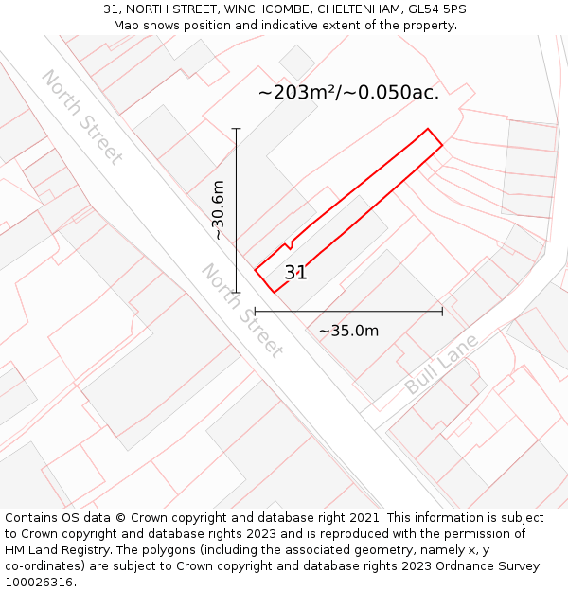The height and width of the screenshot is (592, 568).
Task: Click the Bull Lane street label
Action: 441,365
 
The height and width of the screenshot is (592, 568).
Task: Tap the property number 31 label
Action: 295,273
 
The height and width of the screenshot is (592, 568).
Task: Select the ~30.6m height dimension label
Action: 219,209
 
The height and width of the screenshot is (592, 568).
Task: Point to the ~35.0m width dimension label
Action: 348,331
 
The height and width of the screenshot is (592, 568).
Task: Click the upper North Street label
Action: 81,117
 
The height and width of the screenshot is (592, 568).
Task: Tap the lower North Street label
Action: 241,311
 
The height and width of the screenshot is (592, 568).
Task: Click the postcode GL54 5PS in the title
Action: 436,9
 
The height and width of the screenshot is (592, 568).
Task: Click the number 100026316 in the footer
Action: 38,582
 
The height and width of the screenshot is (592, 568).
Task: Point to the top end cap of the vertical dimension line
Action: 236,129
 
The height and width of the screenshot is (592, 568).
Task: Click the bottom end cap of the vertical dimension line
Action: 236,293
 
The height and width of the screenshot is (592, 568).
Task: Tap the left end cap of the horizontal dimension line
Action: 255,311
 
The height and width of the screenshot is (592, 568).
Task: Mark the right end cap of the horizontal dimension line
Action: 442,311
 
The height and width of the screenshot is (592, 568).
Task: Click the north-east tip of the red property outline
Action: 428,130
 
